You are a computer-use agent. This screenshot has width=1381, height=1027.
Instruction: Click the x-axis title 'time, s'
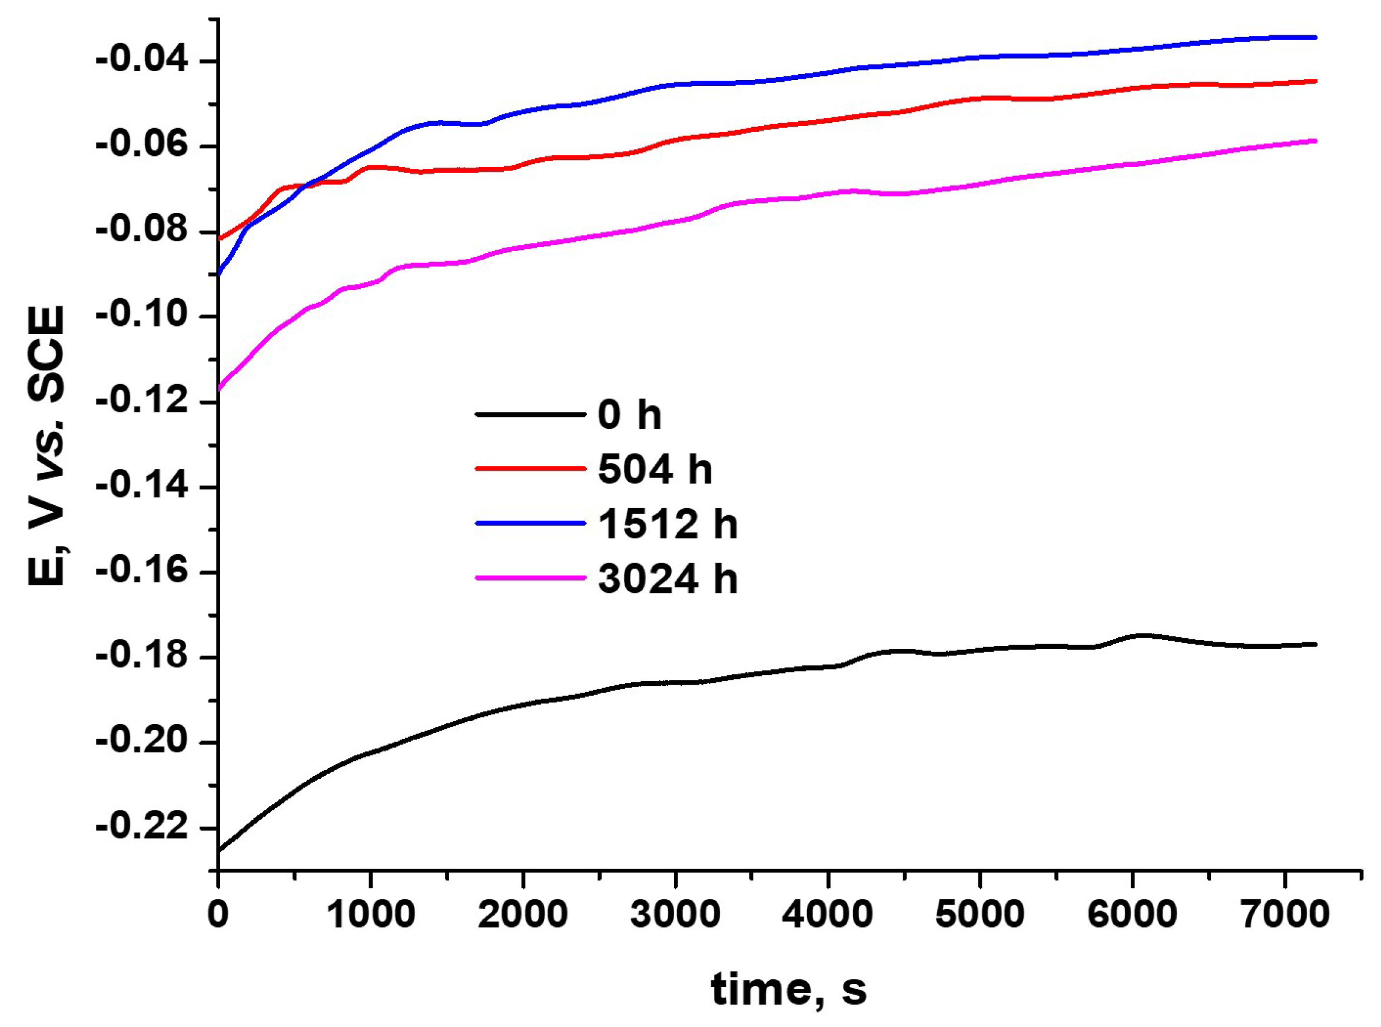coord(789,988)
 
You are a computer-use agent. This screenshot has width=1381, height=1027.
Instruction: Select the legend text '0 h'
coord(629,415)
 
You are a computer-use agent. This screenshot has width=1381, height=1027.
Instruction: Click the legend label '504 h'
coord(655,469)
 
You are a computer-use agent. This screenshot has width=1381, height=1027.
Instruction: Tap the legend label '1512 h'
coord(668,524)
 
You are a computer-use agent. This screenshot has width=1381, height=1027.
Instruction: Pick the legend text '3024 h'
coord(668,579)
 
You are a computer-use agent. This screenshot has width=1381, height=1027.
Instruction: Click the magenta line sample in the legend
coord(530,578)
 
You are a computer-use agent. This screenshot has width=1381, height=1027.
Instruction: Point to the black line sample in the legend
coord(530,414)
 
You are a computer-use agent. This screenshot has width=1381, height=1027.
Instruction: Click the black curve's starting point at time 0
coord(219,849)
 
